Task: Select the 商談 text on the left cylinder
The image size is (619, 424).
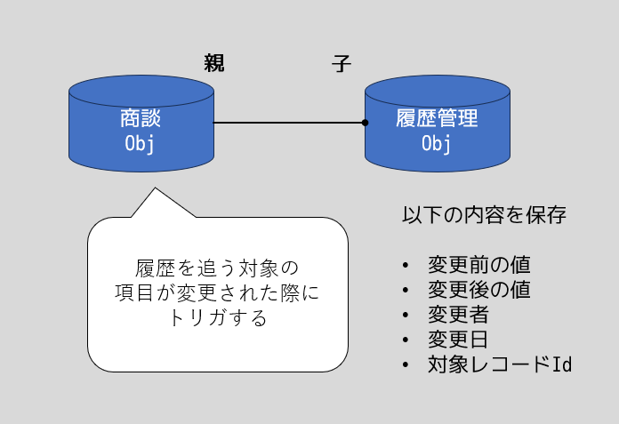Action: click(141, 118)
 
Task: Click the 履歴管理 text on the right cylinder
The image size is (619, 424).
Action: click(437, 118)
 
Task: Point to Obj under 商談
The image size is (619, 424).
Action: click(141, 143)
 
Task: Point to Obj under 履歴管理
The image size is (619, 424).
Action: click(437, 143)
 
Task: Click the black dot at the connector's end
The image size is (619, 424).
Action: click(365, 123)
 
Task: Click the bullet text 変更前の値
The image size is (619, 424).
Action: click(478, 266)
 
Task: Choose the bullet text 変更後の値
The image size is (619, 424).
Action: click(478, 291)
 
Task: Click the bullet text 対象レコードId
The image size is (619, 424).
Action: click(499, 364)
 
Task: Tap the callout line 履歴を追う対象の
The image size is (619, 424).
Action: click(218, 268)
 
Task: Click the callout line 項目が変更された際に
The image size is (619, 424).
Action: click(218, 293)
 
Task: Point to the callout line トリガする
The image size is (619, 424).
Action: click(218, 318)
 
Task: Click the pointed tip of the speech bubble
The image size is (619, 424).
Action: click(155, 188)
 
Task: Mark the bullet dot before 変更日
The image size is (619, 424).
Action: click(406, 340)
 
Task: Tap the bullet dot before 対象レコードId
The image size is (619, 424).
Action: click(406, 365)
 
